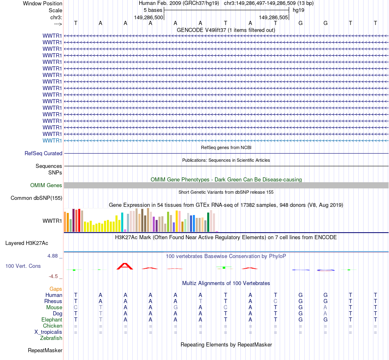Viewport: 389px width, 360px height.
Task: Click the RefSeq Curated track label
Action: pos(43,153)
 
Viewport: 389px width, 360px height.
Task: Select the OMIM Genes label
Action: pos(46,185)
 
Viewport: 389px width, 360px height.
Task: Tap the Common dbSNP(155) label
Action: pos(36,198)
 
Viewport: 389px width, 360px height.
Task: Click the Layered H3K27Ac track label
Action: pos(27,243)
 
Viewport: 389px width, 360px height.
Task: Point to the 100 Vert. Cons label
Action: pos(23,266)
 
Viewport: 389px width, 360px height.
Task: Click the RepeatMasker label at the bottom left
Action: pos(45,350)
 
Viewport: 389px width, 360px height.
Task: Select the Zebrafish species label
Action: pos(51,338)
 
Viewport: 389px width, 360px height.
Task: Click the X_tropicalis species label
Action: pos(48,332)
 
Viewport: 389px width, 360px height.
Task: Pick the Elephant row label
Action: pos(52,319)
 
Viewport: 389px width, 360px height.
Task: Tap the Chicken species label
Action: pos(52,326)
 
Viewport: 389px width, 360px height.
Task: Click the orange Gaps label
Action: pos(56,289)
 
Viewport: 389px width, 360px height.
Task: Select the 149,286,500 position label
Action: pos(149,18)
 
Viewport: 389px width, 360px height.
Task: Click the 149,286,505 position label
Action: pos(274,18)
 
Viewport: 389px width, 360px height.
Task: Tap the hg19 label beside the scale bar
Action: pos(298,10)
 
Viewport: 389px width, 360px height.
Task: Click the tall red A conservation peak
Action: pos(125,266)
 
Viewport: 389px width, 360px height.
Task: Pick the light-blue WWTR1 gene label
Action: pos(52,140)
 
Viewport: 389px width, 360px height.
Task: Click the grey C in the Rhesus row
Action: pos(276,301)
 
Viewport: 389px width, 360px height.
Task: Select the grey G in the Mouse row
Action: pos(175,307)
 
